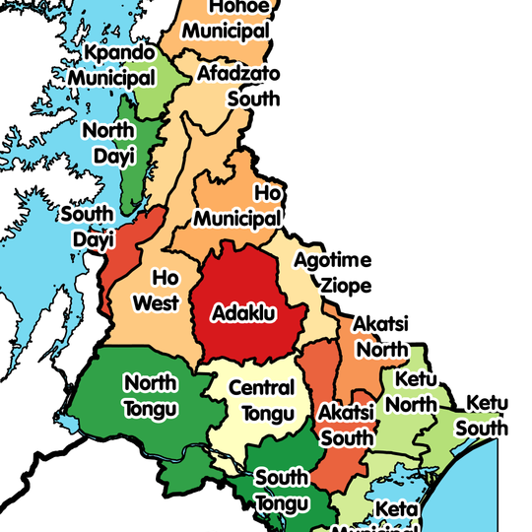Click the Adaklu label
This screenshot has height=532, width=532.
(243, 314)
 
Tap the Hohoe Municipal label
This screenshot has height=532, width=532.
(226, 19)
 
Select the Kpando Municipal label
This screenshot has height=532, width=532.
(119, 64)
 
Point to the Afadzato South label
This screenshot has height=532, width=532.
(238, 86)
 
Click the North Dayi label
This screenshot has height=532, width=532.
(108, 143)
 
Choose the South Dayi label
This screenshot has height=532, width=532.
(87, 226)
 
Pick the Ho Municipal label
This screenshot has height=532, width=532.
(239, 204)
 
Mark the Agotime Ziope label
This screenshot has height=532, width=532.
(334, 273)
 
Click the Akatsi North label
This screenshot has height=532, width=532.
(381, 336)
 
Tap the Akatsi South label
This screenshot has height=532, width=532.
(347, 425)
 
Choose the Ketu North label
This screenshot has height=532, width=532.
(417, 391)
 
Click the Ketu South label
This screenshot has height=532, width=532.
(487, 415)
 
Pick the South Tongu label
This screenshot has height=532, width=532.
(282, 490)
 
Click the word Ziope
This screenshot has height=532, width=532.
(345, 286)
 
